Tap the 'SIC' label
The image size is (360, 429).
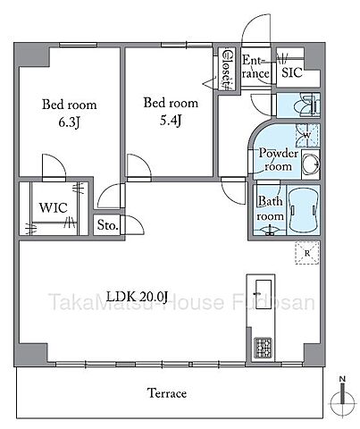tap(291, 74)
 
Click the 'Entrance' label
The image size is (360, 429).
tap(254, 67)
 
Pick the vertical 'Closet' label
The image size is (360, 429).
tap(227, 68)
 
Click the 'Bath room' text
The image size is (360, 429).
tap(270, 209)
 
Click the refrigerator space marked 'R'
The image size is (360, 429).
tap(306, 255)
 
